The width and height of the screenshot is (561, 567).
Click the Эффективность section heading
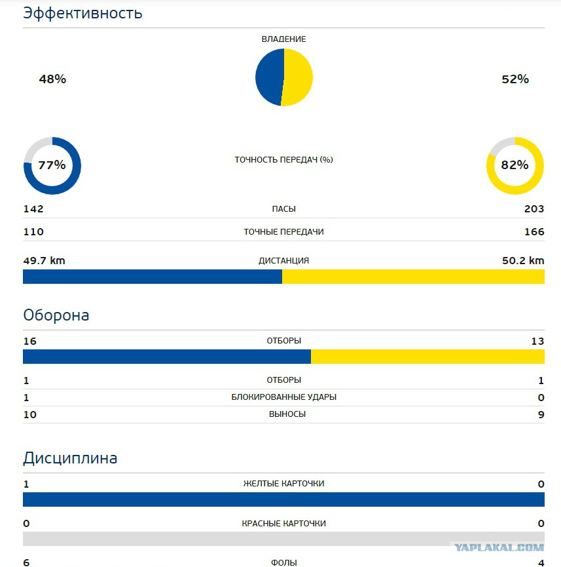(82, 13)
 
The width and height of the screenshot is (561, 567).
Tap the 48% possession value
(53, 79)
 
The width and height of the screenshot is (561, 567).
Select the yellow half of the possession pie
(298, 77)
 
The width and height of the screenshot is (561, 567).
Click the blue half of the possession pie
(269, 77)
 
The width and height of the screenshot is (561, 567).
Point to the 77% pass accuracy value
(52, 165)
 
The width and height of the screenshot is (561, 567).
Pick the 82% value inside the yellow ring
(515, 165)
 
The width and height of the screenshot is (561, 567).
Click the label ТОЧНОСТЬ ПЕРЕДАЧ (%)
(284, 159)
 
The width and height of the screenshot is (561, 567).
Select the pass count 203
(534, 208)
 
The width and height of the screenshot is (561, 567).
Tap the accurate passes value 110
(33, 231)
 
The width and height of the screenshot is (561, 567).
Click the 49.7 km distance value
(44, 260)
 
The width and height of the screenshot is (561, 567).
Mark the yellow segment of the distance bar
(413, 277)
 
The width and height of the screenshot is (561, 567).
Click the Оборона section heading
(56, 315)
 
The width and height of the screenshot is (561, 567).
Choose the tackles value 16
(30, 341)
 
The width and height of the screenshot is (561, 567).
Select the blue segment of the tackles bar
(167, 357)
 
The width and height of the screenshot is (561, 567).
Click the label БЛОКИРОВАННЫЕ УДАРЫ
(284, 397)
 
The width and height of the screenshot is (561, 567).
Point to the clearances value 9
(541, 414)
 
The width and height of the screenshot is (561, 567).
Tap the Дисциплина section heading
(70, 458)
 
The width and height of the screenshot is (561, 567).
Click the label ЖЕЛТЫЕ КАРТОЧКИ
(284, 484)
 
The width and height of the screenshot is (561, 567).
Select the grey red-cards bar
(284, 539)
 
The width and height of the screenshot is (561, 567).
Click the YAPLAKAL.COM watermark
(499, 547)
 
